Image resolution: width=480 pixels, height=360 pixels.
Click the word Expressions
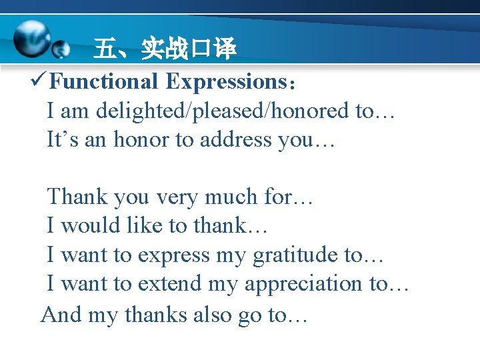pyautogui.click(x=225, y=82)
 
